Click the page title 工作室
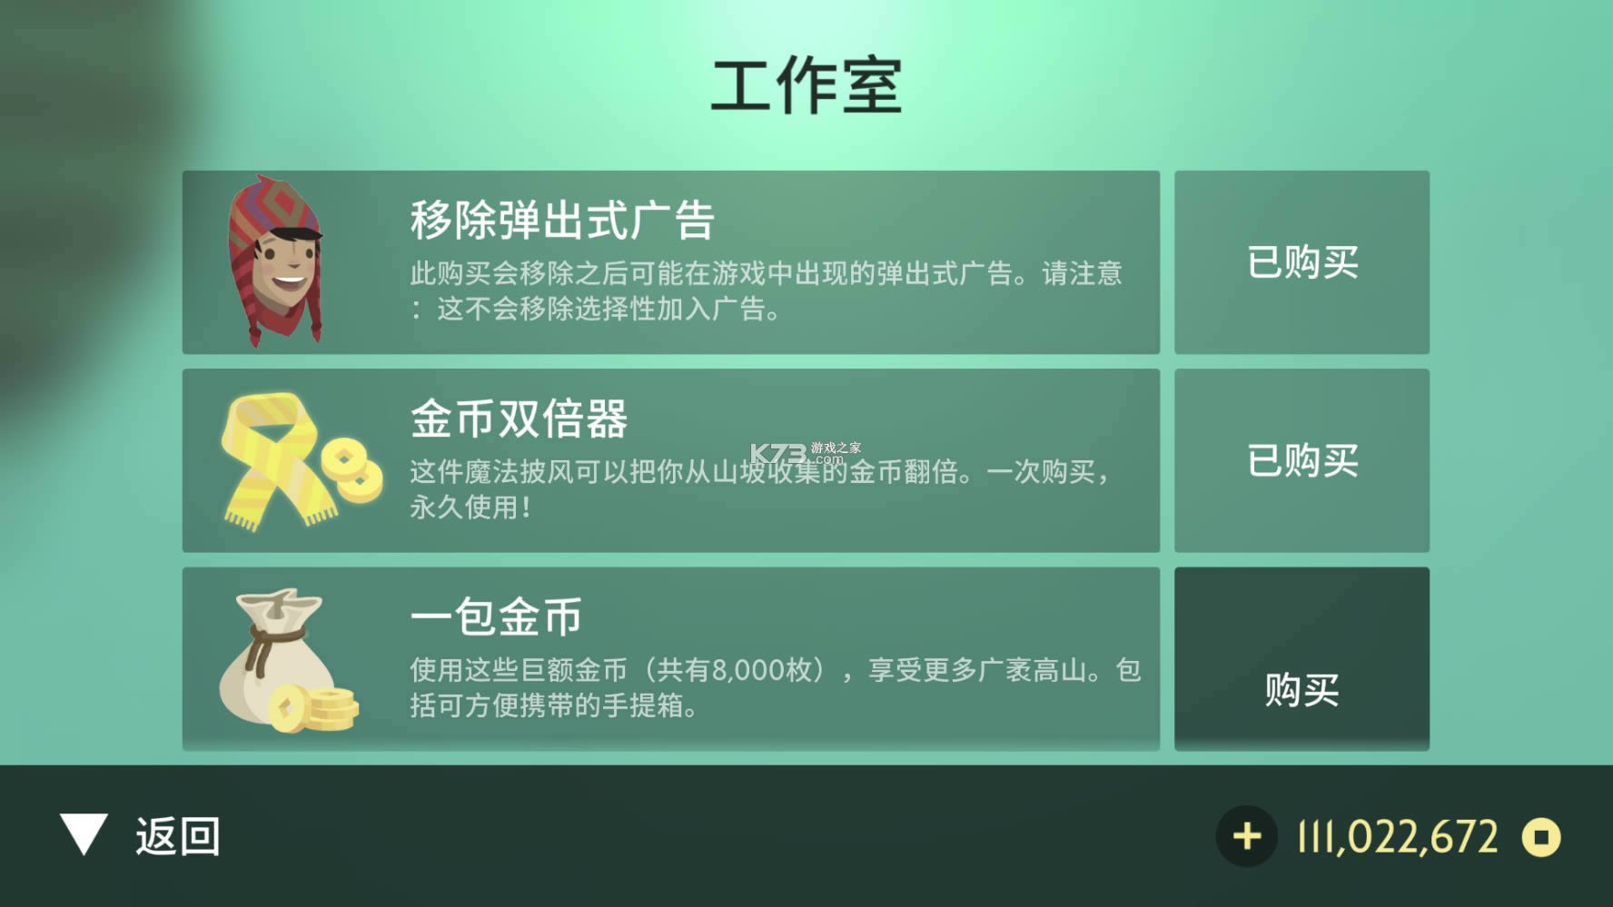806,86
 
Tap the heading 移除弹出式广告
562,221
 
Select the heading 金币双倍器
519,419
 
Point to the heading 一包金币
496,617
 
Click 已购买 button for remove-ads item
1301,262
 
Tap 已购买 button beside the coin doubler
1301,460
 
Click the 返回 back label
178,836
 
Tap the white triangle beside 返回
84,833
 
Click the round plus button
1247,836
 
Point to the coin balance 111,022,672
1398,837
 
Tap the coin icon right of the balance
1541,837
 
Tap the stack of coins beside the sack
322,709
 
